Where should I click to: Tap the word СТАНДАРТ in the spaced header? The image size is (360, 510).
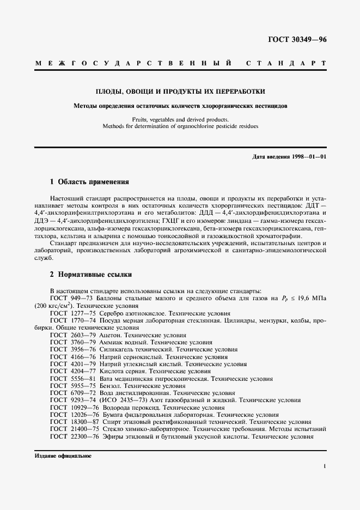click(286, 64)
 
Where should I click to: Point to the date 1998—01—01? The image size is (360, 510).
click(308, 157)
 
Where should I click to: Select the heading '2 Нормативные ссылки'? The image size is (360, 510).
click(90, 275)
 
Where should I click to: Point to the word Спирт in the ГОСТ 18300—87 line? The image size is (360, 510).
click(111, 422)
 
